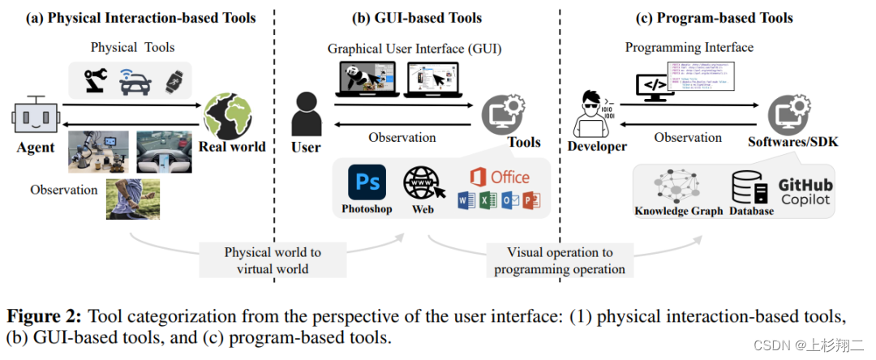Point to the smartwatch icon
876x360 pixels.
(x=171, y=79)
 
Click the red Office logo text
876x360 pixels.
(x=500, y=177)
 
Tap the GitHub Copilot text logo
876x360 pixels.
(x=806, y=191)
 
